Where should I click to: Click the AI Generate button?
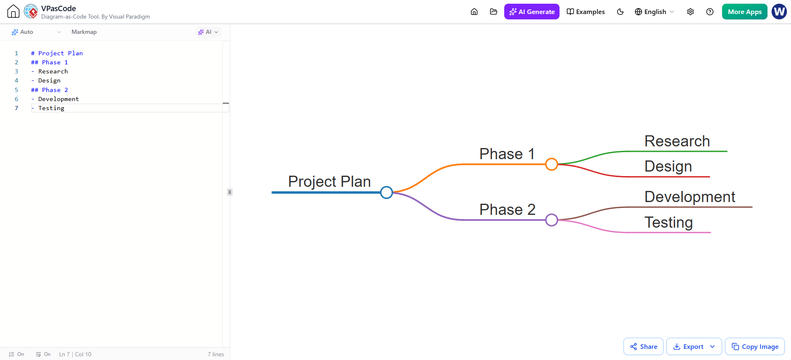point(531,12)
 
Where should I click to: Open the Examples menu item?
point(586,12)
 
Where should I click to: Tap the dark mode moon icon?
point(620,12)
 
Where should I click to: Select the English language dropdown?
point(654,12)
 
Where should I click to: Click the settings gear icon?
point(690,12)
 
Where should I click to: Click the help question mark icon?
point(710,12)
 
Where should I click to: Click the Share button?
point(643,346)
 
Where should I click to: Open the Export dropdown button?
point(694,346)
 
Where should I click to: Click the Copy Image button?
point(755,346)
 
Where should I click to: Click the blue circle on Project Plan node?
point(387,192)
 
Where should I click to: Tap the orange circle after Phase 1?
point(552,164)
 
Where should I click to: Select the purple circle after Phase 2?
point(552,220)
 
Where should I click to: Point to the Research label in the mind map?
point(677,141)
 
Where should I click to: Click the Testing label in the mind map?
point(668,223)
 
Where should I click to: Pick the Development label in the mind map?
point(690,197)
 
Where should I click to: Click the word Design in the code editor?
point(50,80)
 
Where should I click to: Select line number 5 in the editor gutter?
point(17,90)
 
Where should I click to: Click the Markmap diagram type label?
point(84,32)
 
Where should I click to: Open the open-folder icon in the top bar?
point(493,12)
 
